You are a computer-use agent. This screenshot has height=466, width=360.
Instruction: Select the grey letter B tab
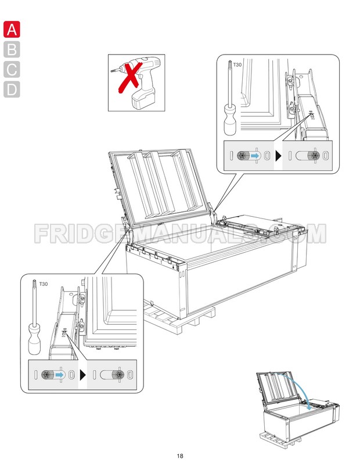click(x=12, y=49)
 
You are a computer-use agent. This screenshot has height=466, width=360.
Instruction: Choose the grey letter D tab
click(x=12, y=89)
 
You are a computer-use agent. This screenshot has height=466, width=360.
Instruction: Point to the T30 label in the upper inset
click(x=237, y=65)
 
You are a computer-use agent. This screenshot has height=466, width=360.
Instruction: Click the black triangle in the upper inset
click(x=278, y=156)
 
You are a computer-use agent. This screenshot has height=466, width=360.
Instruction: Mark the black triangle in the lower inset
click(x=82, y=375)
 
